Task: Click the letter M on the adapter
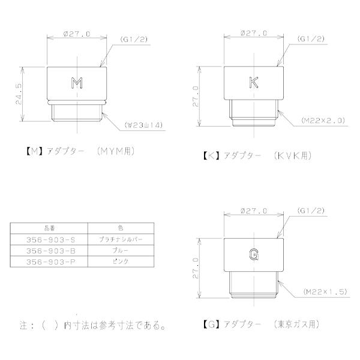coord(76,83)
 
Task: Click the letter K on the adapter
coord(253,83)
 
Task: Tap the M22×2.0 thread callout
coord(324,120)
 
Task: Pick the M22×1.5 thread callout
coord(324,292)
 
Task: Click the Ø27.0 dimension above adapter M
coord(76,34)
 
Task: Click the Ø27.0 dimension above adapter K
coord(253,34)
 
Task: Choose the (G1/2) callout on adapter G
coord(310,211)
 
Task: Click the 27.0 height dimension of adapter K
coord(196,96)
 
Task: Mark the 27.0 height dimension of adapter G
coord(196,268)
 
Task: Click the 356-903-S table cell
coord(49,239)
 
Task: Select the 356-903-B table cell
coord(49,250)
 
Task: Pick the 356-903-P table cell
coord(49,262)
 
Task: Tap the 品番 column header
coord(49,228)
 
